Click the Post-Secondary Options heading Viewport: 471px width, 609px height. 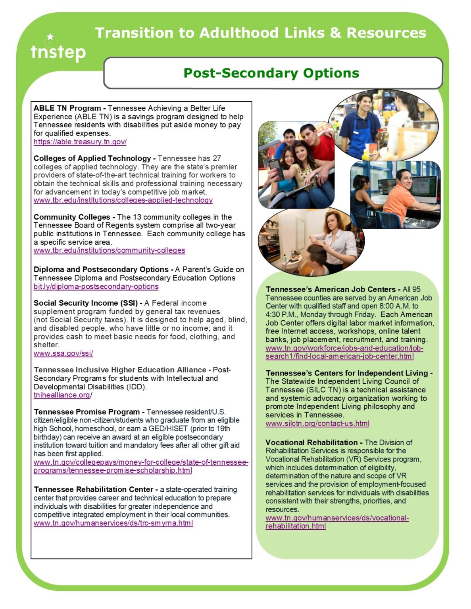coord(271,73)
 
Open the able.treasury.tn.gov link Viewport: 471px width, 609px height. coord(80,142)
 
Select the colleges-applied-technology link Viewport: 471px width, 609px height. coord(123,200)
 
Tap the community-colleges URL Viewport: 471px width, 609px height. coord(109,250)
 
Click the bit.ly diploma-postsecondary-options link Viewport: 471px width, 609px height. coord(96,286)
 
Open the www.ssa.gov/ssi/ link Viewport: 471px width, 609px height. coord(63,353)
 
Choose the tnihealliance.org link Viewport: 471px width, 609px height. coord(62,395)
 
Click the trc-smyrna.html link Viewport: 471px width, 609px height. coord(113,523)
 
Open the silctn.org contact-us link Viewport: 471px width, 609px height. coord(317,423)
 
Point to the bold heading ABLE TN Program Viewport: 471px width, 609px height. coord(67,108)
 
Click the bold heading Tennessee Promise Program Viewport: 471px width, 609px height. coord(87,412)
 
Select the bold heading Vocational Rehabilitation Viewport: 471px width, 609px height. coord(311,442)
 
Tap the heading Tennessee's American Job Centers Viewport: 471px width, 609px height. coord(331,289)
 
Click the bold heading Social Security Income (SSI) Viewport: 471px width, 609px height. coord(85,303)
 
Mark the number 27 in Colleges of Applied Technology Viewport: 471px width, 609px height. coord(216,158)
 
